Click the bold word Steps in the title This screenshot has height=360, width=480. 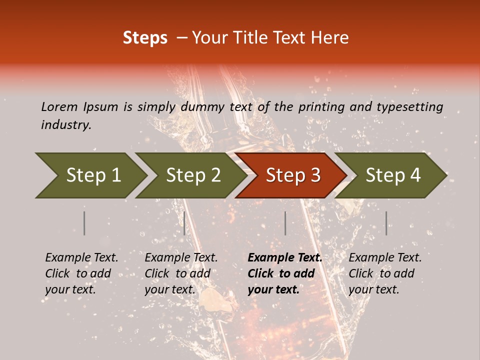145,38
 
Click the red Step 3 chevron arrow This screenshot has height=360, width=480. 291,175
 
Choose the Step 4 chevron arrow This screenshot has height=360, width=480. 391,175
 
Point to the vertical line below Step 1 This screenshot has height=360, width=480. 84,223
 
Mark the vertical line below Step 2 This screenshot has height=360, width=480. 184,223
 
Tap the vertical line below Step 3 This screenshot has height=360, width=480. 285,223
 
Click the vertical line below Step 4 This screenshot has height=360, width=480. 386,223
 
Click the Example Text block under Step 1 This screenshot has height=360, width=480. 81,273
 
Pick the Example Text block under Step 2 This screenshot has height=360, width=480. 181,273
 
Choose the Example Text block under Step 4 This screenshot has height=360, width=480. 385,273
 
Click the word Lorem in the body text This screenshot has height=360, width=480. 59,107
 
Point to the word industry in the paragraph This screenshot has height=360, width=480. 65,125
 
